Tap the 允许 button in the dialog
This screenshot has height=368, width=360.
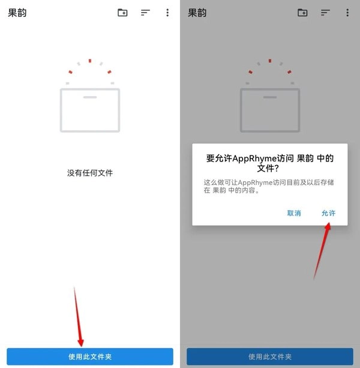click(x=328, y=213)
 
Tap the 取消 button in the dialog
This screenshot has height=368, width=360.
click(x=294, y=213)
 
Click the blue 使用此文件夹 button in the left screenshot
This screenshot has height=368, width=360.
click(x=90, y=357)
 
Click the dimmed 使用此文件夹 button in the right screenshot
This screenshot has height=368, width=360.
click(x=270, y=357)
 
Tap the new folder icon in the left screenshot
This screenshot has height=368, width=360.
click(x=122, y=13)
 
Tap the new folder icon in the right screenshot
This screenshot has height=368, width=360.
click(x=302, y=13)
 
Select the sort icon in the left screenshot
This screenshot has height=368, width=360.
click(x=145, y=13)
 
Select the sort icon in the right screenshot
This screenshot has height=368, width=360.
click(x=325, y=13)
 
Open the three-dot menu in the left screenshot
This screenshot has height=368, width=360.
click(x=167, y=13)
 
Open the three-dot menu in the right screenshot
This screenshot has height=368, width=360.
click(x=347, y=13)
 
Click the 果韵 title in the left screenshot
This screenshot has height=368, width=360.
click(x=17, y=13)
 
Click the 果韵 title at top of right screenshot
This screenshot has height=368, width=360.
click(x=197, y=13)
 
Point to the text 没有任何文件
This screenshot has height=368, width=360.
click(x=90, y=173)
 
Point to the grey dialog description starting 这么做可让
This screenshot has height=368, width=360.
click(x=269, y=186)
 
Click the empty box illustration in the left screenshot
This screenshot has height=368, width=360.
click(x=90, y=110)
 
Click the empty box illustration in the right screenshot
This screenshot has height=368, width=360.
click(x=270, y=110)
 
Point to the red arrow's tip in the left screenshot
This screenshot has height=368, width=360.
click(x=81, y=346)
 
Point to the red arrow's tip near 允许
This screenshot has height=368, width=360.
click(x=329, y=223)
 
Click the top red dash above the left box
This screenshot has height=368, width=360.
click(x=90, y=61)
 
